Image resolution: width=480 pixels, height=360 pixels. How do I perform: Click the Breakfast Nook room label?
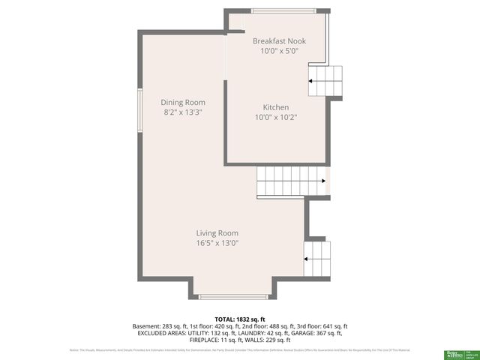pyautogui.click(x=279, y=41)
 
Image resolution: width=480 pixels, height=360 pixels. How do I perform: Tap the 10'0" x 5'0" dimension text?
pyautogui.click(x=279, y=52)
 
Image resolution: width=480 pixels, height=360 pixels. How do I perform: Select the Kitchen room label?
pyautogui.click(x=275, y=107)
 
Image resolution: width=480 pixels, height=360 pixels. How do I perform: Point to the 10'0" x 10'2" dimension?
pyautogui.click(x=275, y=117)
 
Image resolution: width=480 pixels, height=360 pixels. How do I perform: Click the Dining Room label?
pyautogui.click(x=184, y=102)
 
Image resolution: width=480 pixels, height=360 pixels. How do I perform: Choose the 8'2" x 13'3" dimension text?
pyautogui.click(x=184, y=112)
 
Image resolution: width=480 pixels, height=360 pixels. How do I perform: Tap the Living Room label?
pyautogui.click(x=217, y=232)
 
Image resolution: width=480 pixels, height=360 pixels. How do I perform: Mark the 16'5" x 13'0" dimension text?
pyautogui.click(x=217, y=243)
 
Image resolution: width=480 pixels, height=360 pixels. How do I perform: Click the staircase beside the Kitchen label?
pyautogui.click(x=326, y=81)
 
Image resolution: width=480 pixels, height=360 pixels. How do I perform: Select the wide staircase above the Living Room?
pyautogui.click(x=292, y=181)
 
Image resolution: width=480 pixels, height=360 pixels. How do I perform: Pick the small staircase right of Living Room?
pyautogui.click(x=317, y=259)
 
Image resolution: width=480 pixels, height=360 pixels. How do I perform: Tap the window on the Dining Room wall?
pyautogui.click(x=138, y=111)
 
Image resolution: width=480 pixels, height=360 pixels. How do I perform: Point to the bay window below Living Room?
pyautogui.click(x=233, y=297)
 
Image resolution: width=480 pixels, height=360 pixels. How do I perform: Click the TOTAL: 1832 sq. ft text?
pyautogui.click(x=240, y=319)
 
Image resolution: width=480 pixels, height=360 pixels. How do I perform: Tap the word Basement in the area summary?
pyautogui.click(x=148, y=326)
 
